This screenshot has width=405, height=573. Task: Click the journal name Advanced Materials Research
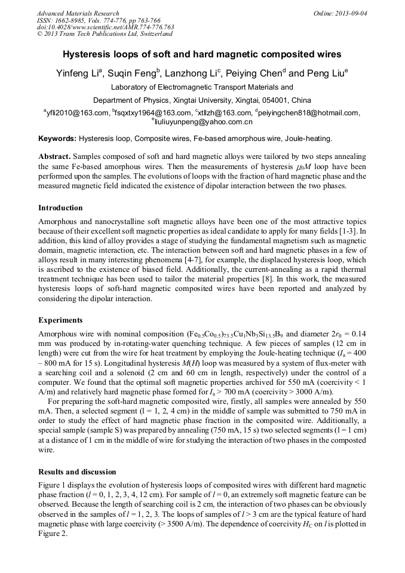click(78, 13)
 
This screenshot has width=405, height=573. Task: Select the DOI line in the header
click(106, 27)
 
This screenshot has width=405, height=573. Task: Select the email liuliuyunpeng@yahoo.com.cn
click(203, 122)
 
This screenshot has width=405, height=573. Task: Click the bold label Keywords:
click(57, 139)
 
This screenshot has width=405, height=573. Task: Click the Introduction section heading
click(60, 208)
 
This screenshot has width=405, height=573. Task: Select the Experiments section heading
click(60, 320)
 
